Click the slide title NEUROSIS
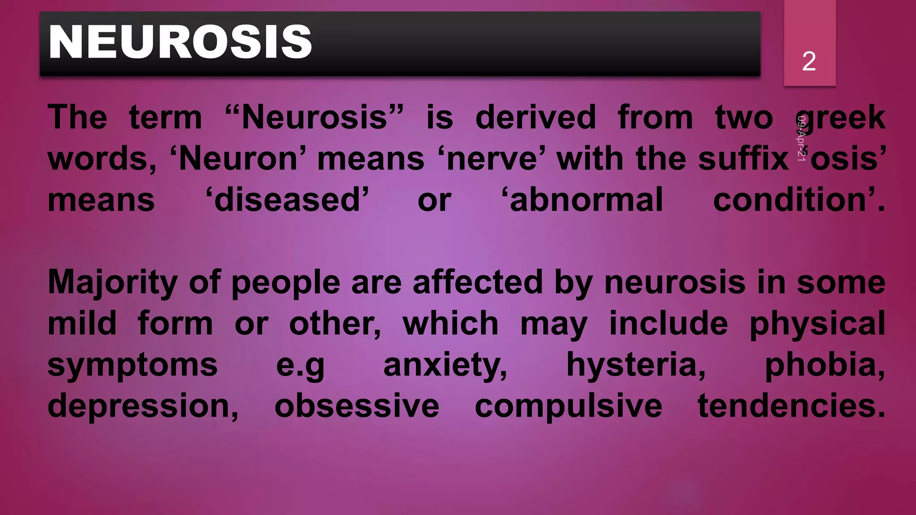click(x=180, y=42)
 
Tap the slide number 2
click(x=809, y=61)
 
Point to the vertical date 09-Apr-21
click(x=801, y=138)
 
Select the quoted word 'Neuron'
click(x=237, y=159)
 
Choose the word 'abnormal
click(x=582, y=200)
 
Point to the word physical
click(x=817, y=325)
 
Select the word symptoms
click(x=132, y=366)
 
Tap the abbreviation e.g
click(x=300, y=366)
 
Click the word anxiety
click(x=445, y=366)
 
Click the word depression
click(x=143, y=407)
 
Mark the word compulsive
click(x=568, y=407)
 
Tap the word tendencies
click(x=791, y=406)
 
